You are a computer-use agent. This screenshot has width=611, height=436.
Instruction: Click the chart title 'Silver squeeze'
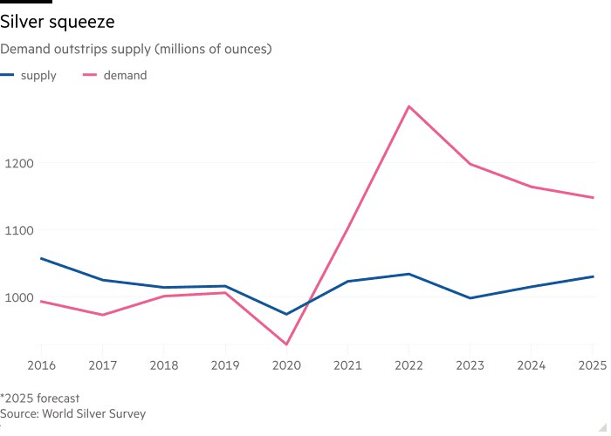(57, 20)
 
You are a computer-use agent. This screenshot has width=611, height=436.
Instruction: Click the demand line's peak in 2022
(408, 106)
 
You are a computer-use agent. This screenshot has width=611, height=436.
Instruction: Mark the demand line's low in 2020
(286, 344)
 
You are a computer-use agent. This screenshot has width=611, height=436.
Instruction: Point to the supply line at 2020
(286, 314)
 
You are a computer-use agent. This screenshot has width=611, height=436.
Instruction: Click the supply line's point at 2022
(408, 274)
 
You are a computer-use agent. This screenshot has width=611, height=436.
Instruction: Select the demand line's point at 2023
(470, 164)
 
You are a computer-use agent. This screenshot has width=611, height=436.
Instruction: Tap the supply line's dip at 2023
(470, 298)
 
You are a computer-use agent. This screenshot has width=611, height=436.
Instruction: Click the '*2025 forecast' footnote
(40, 399)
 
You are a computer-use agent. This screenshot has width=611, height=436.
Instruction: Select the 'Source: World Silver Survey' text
(73, 414)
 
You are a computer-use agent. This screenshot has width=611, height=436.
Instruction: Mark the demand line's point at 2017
(102, 315)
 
